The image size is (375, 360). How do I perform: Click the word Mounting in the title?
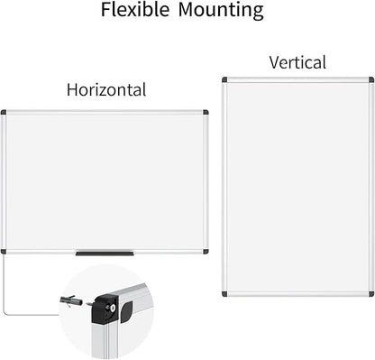[x=221, y=11]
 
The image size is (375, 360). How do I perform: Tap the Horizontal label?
[x=106, y=89]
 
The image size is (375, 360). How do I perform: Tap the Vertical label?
[x=297, y=62]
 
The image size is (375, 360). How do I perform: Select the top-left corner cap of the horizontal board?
[x=4, y=113]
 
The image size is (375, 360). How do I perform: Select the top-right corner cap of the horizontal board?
[x=206, y=113]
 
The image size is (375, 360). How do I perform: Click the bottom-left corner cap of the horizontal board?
[x=4, y=251]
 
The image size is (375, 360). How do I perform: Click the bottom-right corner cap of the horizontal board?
[x=206, y=251]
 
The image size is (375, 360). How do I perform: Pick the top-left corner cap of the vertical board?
[x=225, y=80]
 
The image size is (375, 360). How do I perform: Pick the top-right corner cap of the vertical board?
[x=370, y=80]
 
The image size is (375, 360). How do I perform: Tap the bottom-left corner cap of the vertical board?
[x=225, y=293]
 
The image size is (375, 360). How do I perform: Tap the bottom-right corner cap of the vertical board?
[x=370, y=293]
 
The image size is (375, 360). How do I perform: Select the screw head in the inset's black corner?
[x=112, y=307]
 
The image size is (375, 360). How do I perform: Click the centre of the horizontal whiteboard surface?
[x=105, y=181]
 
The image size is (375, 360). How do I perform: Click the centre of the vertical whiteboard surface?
[x=297, y=187]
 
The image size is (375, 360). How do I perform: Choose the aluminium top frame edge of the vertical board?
[x=297, y=79]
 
